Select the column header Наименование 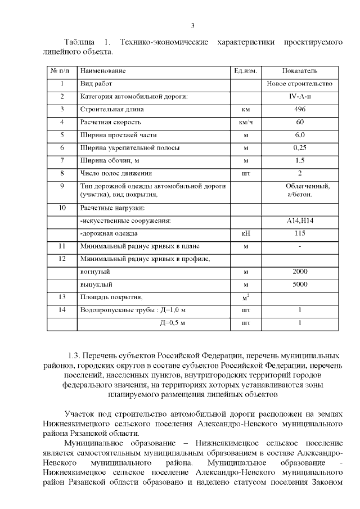click(x=103, y=71)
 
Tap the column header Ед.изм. click(x=245, y=71)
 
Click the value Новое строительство click(x=300, y=84)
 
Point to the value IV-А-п click(x=300, y=97)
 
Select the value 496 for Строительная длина click(x=300, y=109)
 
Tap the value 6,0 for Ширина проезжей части click(x=300, y=135)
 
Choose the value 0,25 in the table click(x=300, y=148)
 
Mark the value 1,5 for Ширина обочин click(x=300, y=160)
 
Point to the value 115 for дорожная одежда click(x=300, y=233)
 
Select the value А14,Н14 click(x=300, y=220)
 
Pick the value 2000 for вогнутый click(x=300, y=272)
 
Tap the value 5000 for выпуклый click(x=300, y=285)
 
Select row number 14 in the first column click(x=62, y=310)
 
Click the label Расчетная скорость click(x=110, y=122)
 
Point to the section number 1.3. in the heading click(x=75, y=357)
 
